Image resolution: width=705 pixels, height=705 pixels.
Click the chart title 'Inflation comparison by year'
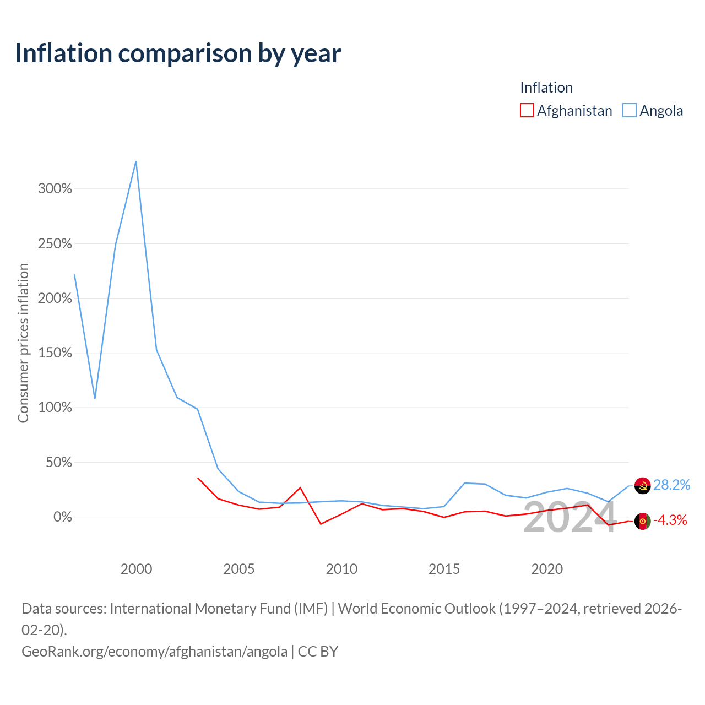(178, 53)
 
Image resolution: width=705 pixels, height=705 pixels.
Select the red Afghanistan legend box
(527, 110)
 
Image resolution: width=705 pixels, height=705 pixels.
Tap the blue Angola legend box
(630, 110)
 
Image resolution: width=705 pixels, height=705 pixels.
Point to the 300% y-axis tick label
(55, 189)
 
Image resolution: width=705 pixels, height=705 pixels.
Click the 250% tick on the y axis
(55, 243)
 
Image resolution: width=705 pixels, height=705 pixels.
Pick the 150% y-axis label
(55, 353)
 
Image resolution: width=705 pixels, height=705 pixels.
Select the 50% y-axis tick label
(59, 463)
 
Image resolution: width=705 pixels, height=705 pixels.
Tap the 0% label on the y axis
(63, 517)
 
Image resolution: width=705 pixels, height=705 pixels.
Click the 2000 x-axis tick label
(136, 570)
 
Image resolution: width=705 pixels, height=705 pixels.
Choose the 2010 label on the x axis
(341, 570)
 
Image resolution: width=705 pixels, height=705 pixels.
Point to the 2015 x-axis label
(444, 570)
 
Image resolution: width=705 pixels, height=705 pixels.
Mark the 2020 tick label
(547, 570)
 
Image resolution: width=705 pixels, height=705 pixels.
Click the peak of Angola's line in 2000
(136, 161)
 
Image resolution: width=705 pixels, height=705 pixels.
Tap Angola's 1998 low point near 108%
(95, 399)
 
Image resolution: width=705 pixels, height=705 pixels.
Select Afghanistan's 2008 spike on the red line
(300, 487)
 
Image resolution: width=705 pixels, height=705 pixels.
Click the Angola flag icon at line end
(642, 486)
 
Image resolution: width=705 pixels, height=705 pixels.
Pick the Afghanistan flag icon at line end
(642, 521)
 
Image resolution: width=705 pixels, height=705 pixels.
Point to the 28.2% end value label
(672, 485)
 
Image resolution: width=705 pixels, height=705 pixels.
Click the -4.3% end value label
(670, 520)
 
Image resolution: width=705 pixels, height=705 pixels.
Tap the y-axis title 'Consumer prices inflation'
(24, 343)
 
